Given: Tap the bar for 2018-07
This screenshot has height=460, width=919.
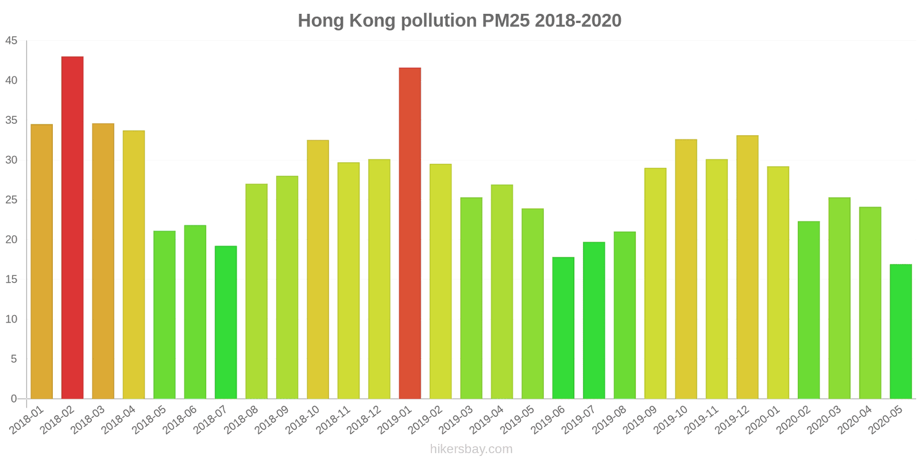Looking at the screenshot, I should coord(226,322).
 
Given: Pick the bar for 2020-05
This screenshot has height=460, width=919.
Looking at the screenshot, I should coord(901,331).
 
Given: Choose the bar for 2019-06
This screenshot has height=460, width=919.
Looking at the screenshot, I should coord(563,328).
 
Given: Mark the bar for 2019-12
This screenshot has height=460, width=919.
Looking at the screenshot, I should coord(747,267).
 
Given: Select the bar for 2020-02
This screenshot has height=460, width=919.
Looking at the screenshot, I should coord(809,310).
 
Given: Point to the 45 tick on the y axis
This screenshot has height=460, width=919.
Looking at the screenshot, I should coord(11,41).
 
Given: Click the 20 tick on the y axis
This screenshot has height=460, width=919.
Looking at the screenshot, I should coord(11,240).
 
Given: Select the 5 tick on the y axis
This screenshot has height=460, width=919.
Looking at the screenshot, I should coord(14,359).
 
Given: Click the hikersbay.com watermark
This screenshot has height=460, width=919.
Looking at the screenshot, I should coord(471,449).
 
